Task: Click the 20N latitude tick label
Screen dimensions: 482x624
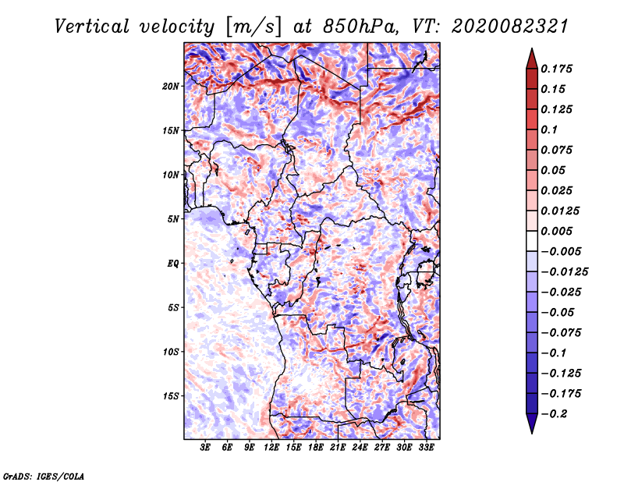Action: tap(171, 86)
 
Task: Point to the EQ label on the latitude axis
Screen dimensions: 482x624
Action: tap(173, 264)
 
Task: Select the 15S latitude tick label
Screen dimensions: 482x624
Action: tap(171, 396)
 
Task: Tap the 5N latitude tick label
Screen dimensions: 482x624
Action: tap(173, 219)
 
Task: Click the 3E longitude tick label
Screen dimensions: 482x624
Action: tap(206, 448)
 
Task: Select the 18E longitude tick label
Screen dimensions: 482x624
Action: tap(316, 448)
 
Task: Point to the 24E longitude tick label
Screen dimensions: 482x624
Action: tap(360, 448)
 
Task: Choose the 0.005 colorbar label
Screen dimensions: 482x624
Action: tap(557, 232)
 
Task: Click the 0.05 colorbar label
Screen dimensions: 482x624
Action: tap(553, 170)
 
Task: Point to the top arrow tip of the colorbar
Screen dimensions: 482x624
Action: tap(531, 50)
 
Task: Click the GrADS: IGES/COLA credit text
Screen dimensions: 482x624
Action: tap(43, 475)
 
